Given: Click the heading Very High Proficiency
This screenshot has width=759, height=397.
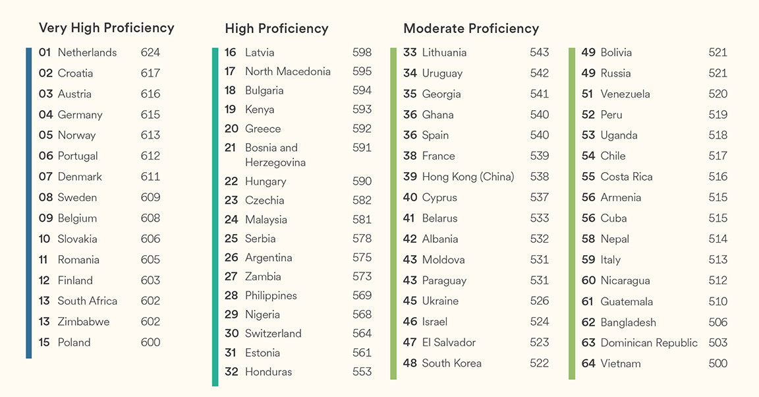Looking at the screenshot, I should click(106, 28).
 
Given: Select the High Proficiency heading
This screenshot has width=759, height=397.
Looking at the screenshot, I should click(276, 28).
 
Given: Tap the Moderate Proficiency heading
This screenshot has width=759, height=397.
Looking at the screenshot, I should click(471, 28).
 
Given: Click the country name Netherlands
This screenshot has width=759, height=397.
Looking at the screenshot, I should click(87, 53).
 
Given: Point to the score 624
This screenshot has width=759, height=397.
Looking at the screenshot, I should click(150, 53).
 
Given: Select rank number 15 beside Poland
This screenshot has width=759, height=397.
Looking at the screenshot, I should click(44, 342).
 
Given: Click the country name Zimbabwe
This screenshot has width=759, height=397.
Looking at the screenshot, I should click(84, 322).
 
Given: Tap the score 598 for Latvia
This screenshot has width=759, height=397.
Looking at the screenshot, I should click(362, 53).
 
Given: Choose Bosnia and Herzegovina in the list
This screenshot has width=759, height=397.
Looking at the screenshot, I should click(275, 155).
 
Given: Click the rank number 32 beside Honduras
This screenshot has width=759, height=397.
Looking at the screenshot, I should click(231, 372).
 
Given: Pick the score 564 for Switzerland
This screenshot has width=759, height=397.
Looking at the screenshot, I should click(362, 334).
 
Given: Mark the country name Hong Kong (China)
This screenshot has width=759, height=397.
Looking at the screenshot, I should click(468, 177).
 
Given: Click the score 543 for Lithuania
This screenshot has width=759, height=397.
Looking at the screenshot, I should click(539, 53).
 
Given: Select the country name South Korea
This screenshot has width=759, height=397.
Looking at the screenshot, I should click(451, 363).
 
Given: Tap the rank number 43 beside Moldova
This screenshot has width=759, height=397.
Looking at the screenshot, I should click(410, 260).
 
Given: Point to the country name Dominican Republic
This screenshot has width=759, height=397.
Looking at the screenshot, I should click(648, 343).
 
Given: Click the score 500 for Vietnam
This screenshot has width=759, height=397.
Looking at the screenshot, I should click(717, 363).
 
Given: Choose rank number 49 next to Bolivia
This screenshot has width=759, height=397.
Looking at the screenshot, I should click(588, 53).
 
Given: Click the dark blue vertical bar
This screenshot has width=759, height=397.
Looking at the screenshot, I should click(29, 203).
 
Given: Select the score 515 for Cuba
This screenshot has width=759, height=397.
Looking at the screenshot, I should click(717, 218).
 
